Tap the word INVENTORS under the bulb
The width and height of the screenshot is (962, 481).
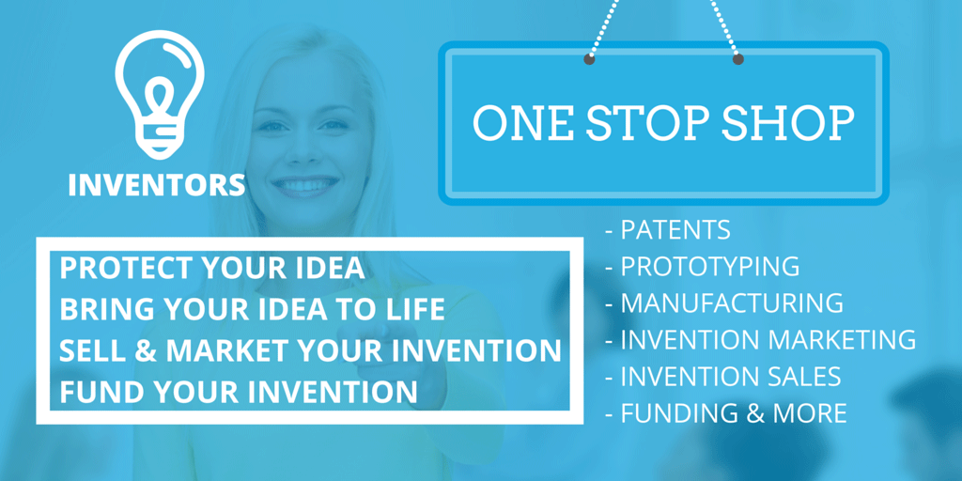[x=156, y=184]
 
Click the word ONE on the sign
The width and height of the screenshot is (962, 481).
[x=520, y=124]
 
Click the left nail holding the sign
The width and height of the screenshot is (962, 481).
[x=589, y=59]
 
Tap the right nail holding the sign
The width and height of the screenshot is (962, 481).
[x=738, y=59]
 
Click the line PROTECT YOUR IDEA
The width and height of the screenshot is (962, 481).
[x=211, y=268]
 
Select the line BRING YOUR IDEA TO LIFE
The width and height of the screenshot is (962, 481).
[x=252, y=309]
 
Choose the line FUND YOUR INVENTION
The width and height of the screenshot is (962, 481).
[x=238, y=392]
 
